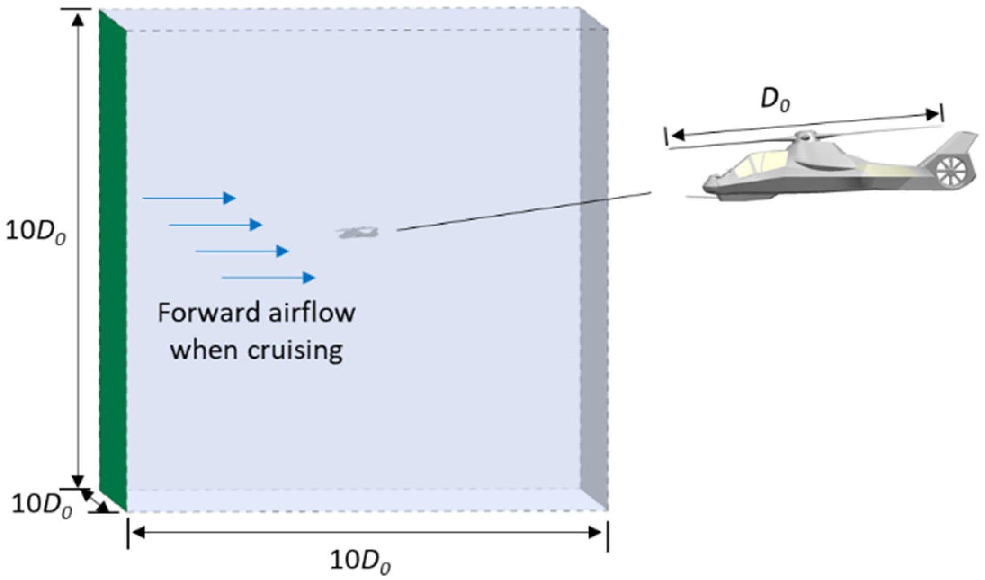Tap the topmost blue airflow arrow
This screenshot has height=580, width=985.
(x=189, y=198)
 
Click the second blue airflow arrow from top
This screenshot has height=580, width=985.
(x=215, y=224)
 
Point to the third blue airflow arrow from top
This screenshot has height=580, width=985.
(x=242, y=251)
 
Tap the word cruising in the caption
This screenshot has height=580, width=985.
(x=295, y=350)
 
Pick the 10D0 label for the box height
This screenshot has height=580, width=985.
(x=35, y=234)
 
